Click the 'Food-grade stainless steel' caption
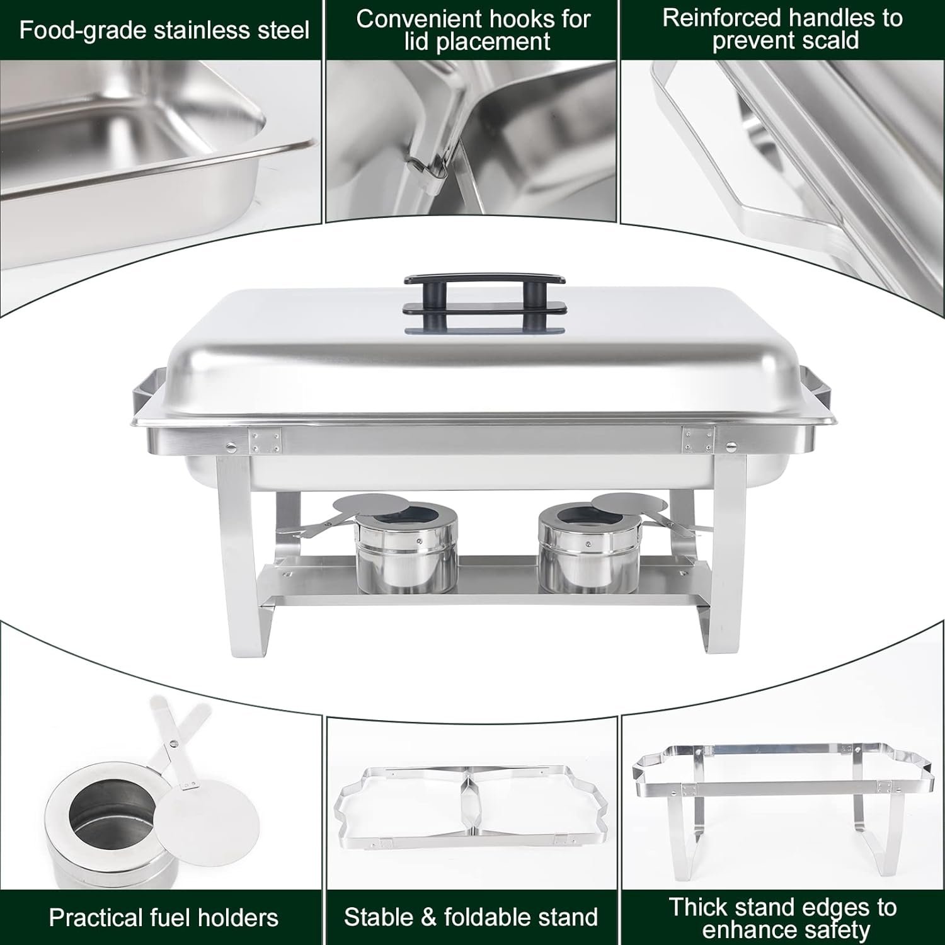[x=164, y=30]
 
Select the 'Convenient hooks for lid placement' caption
[x=473, y=30]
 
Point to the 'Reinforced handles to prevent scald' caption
[x=782, y=29]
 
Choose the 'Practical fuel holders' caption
[x=164, y=917]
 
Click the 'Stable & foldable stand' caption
[x=471, y=917]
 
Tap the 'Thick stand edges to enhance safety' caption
[x=782, y=918]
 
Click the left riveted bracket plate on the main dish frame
[x=265, y=440]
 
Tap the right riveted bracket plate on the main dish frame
[x=697, y=439]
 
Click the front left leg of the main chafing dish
[x=236, y=554]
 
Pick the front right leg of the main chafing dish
[x=731, y=554]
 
